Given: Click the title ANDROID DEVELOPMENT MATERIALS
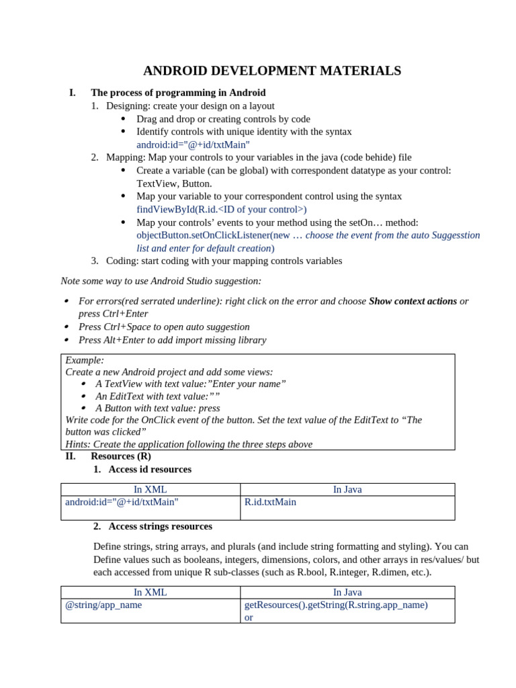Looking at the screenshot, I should tap(272, 71).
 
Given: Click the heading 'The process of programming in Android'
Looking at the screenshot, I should tap(178, 93).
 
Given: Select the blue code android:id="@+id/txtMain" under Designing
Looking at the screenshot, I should tap(193, 144).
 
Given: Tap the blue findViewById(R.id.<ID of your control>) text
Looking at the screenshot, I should tap(221, 210).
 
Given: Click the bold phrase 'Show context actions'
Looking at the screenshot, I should tap(413, 301).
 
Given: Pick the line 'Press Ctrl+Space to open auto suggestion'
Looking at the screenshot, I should tap(164, 327).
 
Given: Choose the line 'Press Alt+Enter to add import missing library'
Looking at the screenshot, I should tap(172, 340).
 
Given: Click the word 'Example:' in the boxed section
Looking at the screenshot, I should tap(85, 360).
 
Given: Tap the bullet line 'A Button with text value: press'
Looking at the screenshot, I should tap(157, 408).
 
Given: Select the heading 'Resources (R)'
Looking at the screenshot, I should tap(121, 456).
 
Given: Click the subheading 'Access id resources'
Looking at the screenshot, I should tap(149, 470).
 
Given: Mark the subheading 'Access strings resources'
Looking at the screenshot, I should tap(160, 527).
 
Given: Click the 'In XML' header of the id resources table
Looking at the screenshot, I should tap(150, 490).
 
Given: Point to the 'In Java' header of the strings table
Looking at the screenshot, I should tap(347, 593).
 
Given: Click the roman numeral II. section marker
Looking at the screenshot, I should tap(71, 456).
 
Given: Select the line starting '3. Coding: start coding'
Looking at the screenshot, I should tap(224, 261).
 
